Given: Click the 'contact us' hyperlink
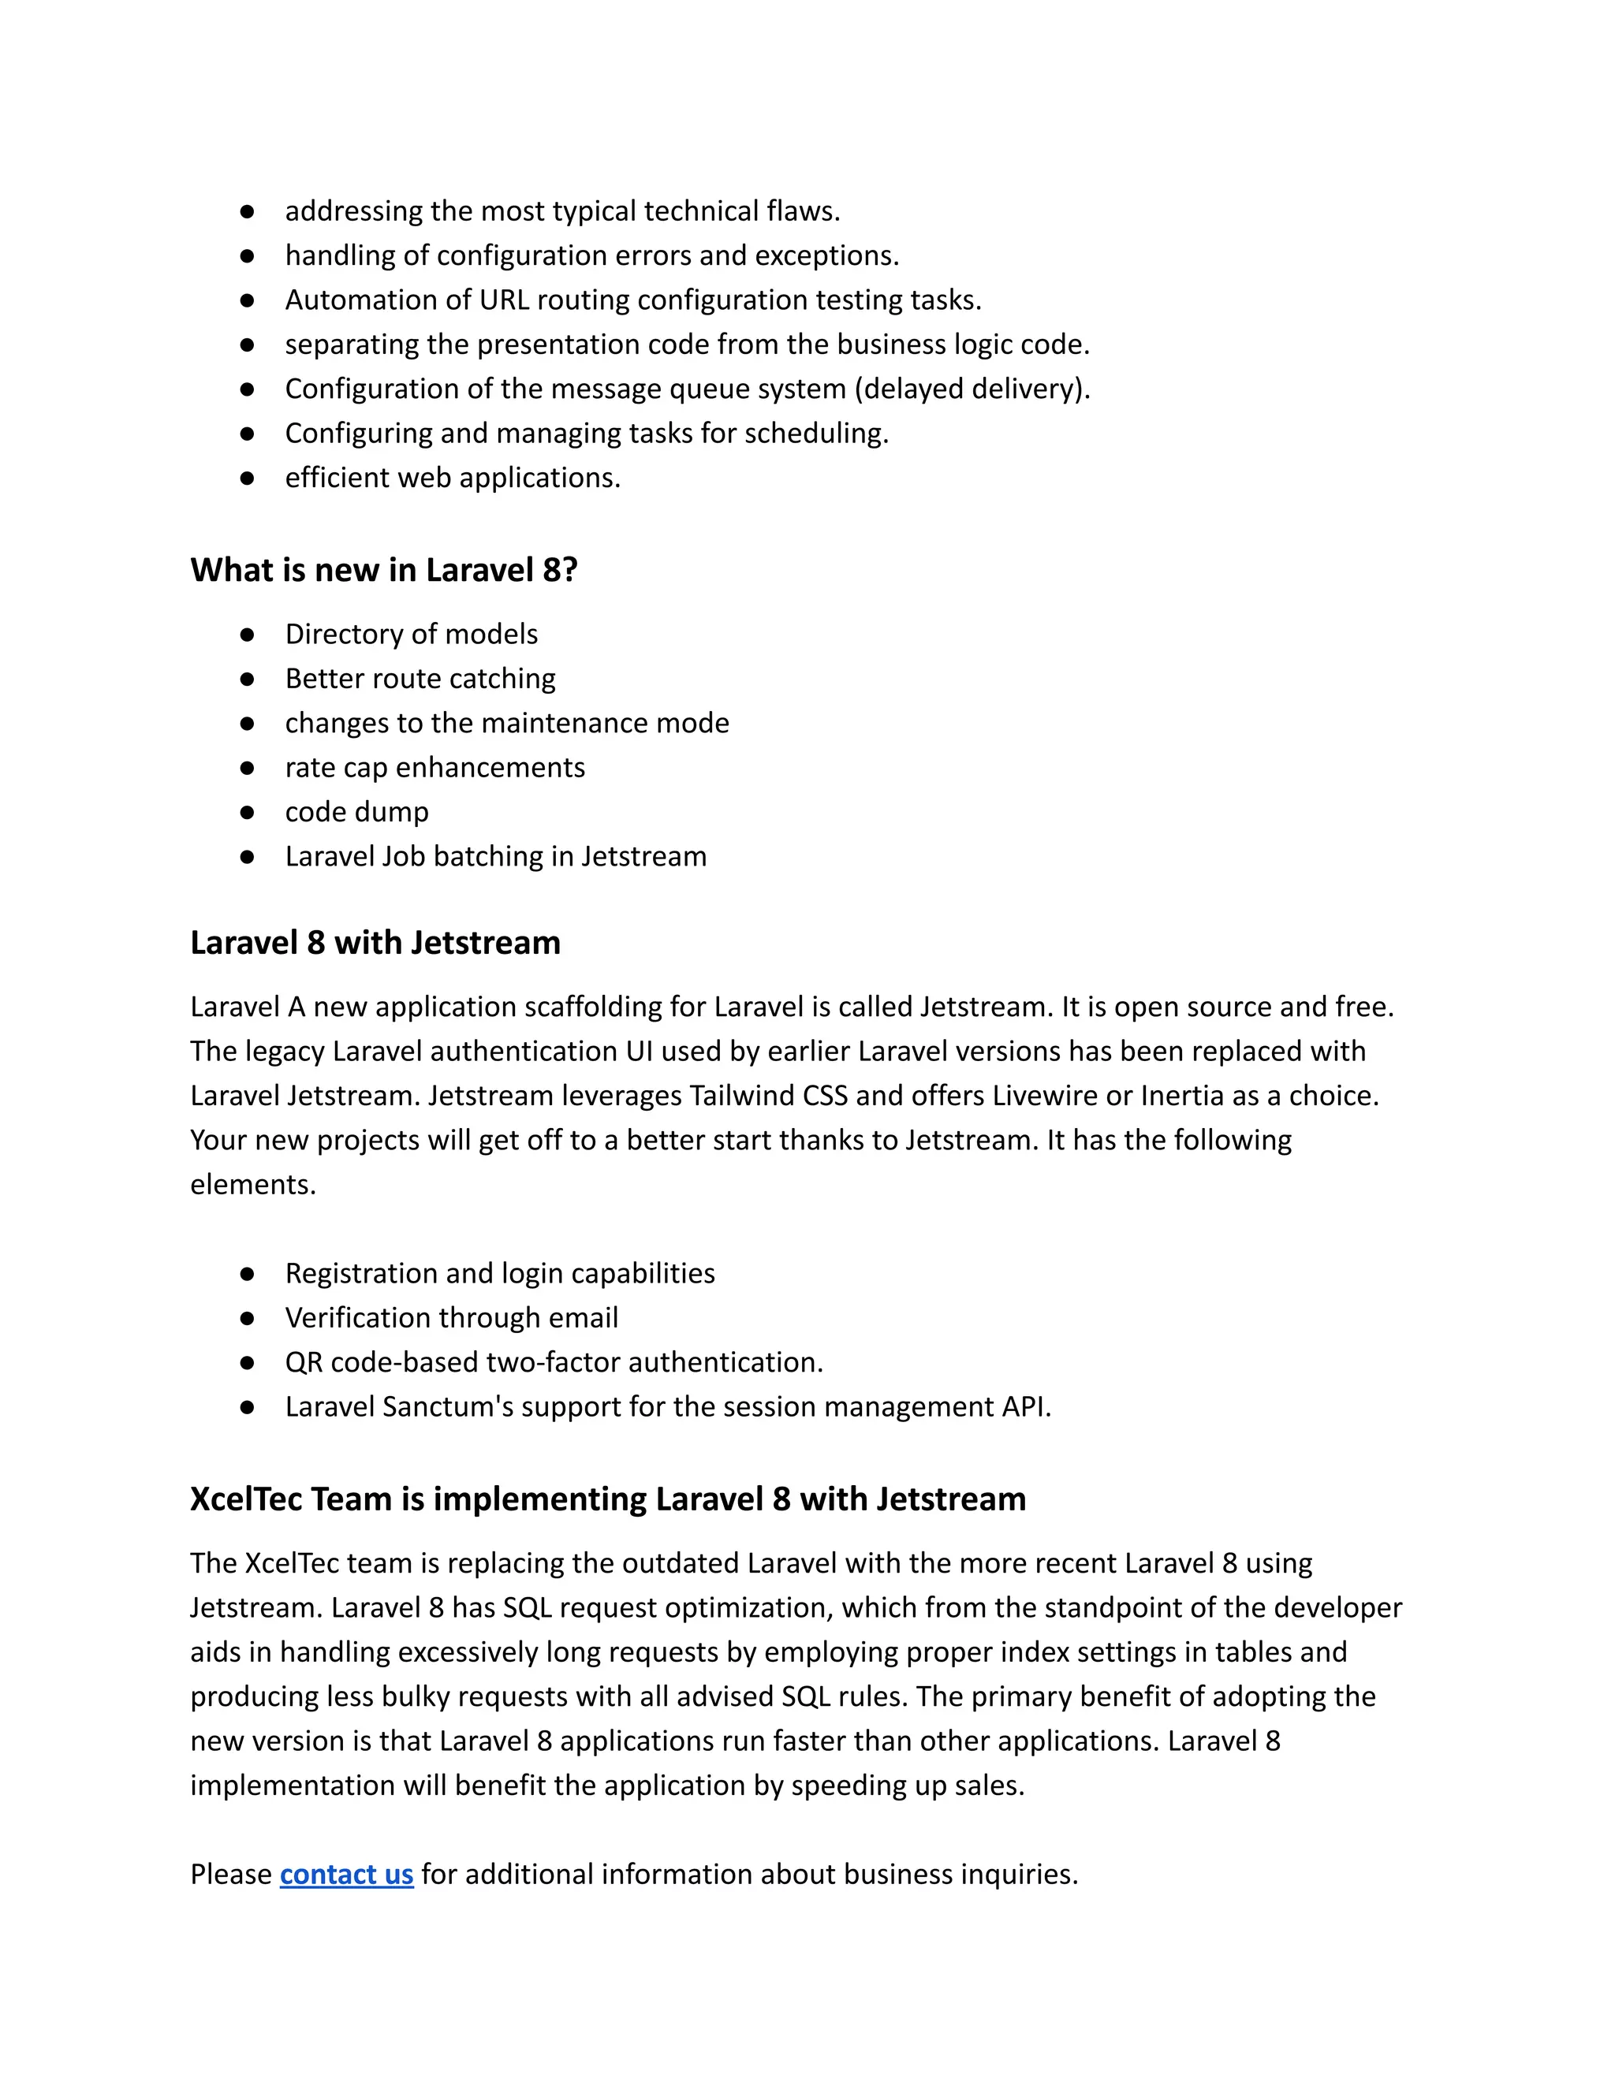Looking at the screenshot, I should [x=346, y=1874].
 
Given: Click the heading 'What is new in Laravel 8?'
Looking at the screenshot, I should [x=384, y=570].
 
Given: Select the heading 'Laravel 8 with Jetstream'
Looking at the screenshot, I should [x=375, y=943].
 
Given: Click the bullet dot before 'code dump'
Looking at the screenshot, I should [x=247, y=812].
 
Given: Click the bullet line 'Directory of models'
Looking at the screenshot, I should [x=412, y=634].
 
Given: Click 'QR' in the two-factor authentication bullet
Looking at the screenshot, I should [x=304, y=1362].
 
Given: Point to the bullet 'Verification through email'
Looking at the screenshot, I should [x=452, y=1318].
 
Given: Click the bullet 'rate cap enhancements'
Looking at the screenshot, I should [x=435, y=767].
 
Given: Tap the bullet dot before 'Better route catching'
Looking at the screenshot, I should [x=247, y=679].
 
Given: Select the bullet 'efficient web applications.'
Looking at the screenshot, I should [x=453, y=477].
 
